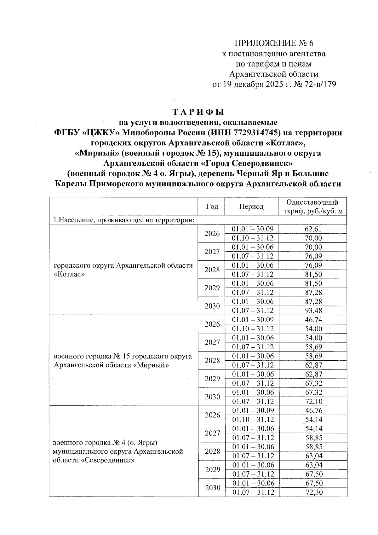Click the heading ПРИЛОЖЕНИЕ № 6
pyautogui.click(x=274, y=43)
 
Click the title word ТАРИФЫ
pyautogui.click(x=198, y=112)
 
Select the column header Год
pyautogui.click(x=212, y=206)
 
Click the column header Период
pyautogui.click(x=251, y=206)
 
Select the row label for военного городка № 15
pyautogui.click(x=123, y=361)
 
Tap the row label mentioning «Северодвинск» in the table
pyautogui.click(x=118, y=451)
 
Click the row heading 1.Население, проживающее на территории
pyautogui.click(x=123, y=220)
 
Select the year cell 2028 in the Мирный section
pyautogui.click(x=212, y=361)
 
